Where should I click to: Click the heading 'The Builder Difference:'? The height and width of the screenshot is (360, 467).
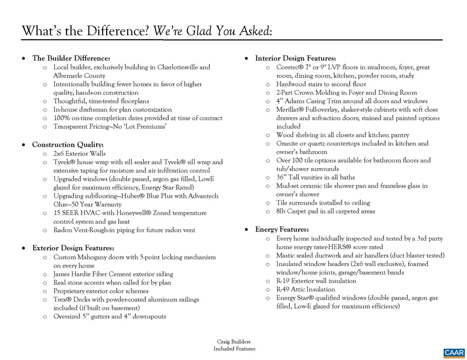coord(71,58)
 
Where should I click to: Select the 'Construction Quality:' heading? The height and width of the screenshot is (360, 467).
coord(68,145)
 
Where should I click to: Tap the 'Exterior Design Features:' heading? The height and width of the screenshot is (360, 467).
coord(73,248)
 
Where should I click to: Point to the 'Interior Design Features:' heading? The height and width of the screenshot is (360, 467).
coord(296,58)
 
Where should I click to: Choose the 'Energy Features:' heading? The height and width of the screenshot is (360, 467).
coord(282,229)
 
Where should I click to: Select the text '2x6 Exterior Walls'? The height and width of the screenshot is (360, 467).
coord(79,154)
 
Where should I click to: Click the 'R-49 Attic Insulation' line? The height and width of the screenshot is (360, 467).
coord(306,289)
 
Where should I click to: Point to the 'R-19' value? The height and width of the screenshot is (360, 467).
coord(283,281)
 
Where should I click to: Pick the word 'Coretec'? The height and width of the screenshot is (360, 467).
coord(287,67)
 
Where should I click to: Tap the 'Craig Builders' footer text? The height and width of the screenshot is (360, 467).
coord(234,342)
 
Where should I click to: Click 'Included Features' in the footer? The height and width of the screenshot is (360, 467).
coord(234,349)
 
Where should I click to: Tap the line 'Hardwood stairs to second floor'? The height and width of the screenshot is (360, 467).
coord(321,84)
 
